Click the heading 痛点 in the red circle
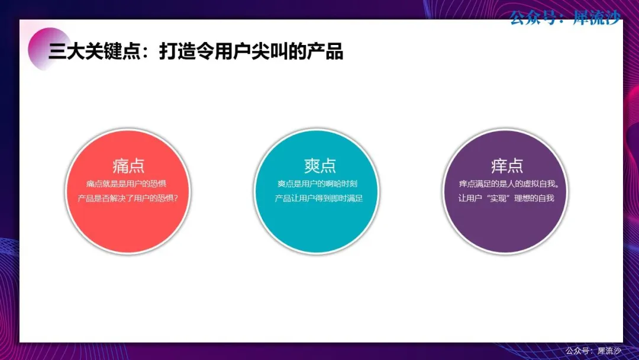(128, 166)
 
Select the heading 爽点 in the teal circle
(320, 166)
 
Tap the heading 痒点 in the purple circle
(507, 166)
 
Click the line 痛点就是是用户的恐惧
(127, 184)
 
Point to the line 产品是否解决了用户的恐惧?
(128, 198)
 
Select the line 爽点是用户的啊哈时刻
(318, 184)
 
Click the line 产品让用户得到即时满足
(319, 198)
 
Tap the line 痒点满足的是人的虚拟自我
(509, 184)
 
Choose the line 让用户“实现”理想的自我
(506, 198)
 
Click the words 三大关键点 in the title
(95, 52)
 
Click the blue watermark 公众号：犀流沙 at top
(565, 18)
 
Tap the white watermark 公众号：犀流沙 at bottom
(593, 351)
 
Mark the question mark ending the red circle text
(176, 198)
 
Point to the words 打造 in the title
(177, 52)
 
